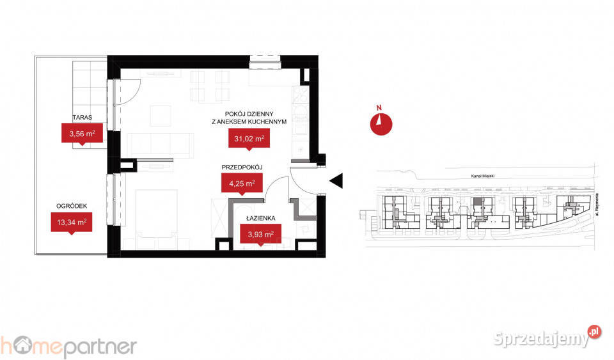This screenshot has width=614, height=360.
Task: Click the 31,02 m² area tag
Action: click(246, 138)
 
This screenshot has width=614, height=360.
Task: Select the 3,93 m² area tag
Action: click(260, 235)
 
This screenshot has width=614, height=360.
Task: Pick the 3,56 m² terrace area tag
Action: click(82, 134)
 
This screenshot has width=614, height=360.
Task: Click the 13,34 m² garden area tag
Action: click(71, 222)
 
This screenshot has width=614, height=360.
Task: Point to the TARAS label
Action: click(83, 118)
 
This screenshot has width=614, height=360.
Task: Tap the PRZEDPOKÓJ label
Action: click(242, 168)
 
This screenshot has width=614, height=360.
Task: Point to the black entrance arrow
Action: click(336, 181)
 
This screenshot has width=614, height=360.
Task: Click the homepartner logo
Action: click(68, 346)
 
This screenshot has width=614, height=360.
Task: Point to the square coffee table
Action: click(161, 116)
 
